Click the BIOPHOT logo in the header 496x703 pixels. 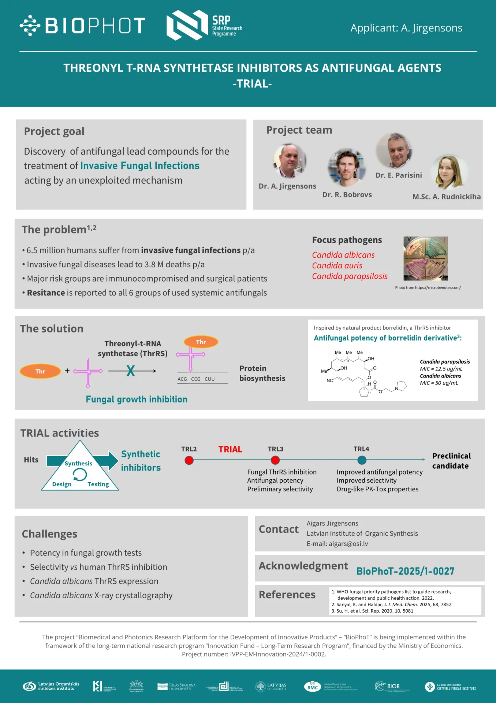point(83,26)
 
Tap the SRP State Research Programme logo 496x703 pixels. point(204,25)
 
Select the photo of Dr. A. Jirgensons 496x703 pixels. point(290,161)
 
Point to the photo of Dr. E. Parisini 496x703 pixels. point(394,150)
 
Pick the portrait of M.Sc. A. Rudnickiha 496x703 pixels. point(448,172)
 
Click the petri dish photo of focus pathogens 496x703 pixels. point(425,258)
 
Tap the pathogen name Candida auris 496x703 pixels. point(337,265)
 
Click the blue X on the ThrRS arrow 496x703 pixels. point(131,371)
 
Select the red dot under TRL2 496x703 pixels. point(189,460)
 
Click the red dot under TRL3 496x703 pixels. point(275,460)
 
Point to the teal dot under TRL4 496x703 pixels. point(362,460)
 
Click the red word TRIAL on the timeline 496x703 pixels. point(230,449)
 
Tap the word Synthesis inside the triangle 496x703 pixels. point(78,463)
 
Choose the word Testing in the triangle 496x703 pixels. point(98,484)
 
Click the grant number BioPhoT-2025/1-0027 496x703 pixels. point(405,571)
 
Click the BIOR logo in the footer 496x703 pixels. point(388,686)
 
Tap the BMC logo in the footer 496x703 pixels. point(313,687)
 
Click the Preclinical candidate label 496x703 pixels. point(451,461)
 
